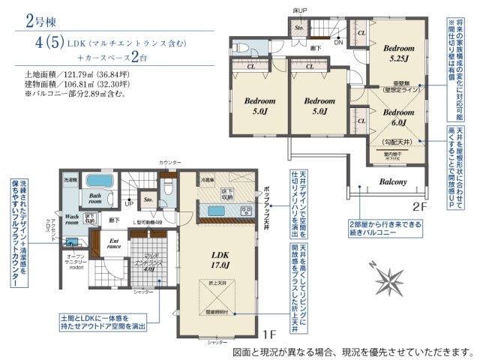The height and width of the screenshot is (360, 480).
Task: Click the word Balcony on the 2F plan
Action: pos(392,181)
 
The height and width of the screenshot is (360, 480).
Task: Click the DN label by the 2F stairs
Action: pos(338,43)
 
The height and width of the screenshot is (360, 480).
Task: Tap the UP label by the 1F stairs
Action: pos(127,203)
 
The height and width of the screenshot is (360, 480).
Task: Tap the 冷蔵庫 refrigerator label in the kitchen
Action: pos(208,180)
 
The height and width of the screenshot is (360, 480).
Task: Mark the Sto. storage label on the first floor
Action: pos(148,200)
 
